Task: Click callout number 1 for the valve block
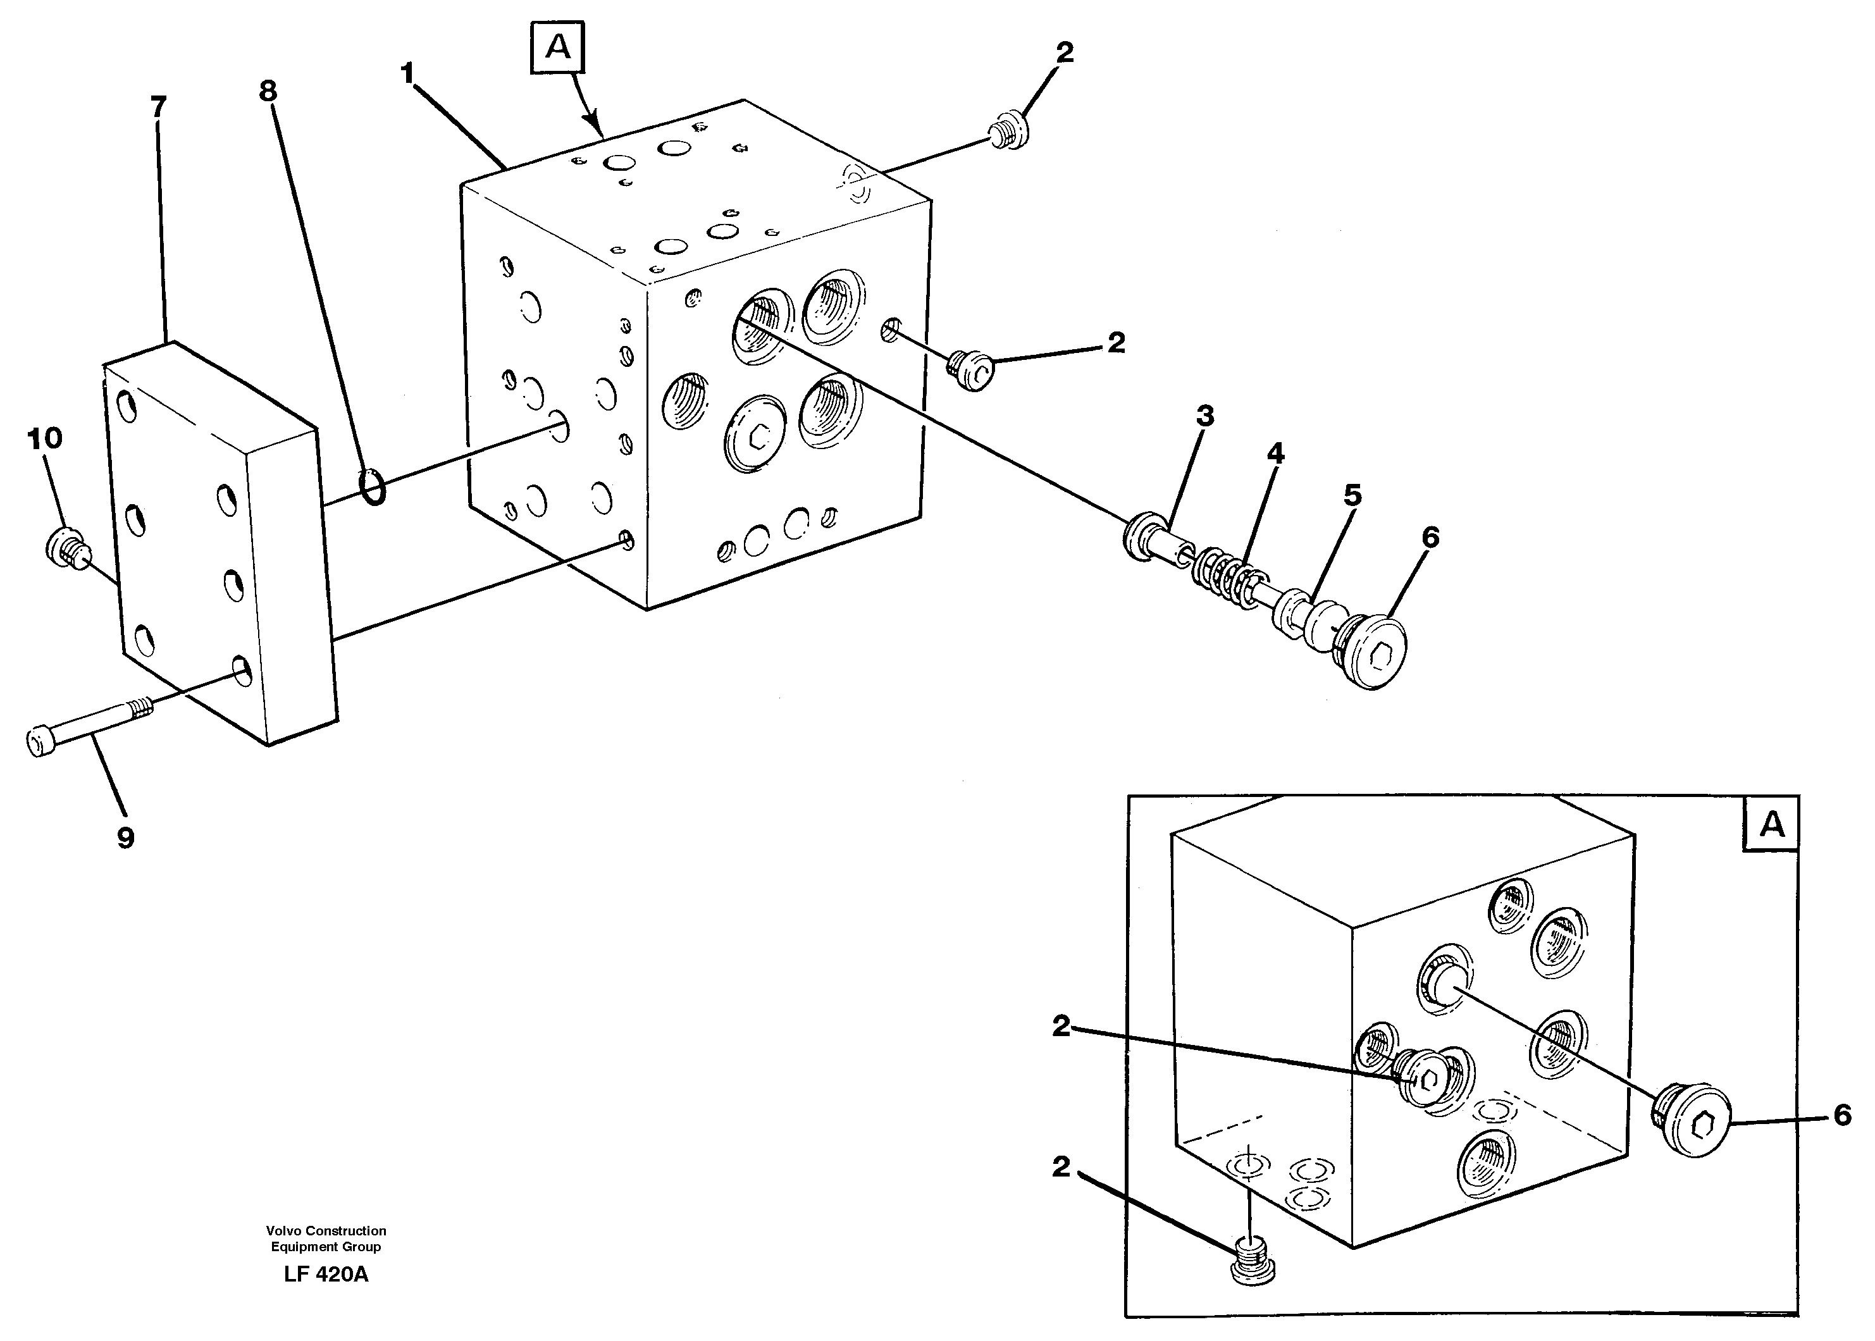(x=406, y=74)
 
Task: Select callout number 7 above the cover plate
(x=158, y=106)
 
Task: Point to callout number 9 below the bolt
(x=125, y=838)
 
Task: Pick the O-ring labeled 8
(x=373, y=487)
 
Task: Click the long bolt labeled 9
(x=87, y=722)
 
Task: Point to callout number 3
(x=1204, y=416)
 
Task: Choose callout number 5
(x=1352, y=495)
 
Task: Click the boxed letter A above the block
(x=558, y=49)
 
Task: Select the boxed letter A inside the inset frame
(x=1771, y=824)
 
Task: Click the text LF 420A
(x=326, y=1274)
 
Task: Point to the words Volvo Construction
(x=326, y=1230)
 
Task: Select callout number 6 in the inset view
(x=1842, y=1116)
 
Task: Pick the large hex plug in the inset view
(x=1694, y=1119)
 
